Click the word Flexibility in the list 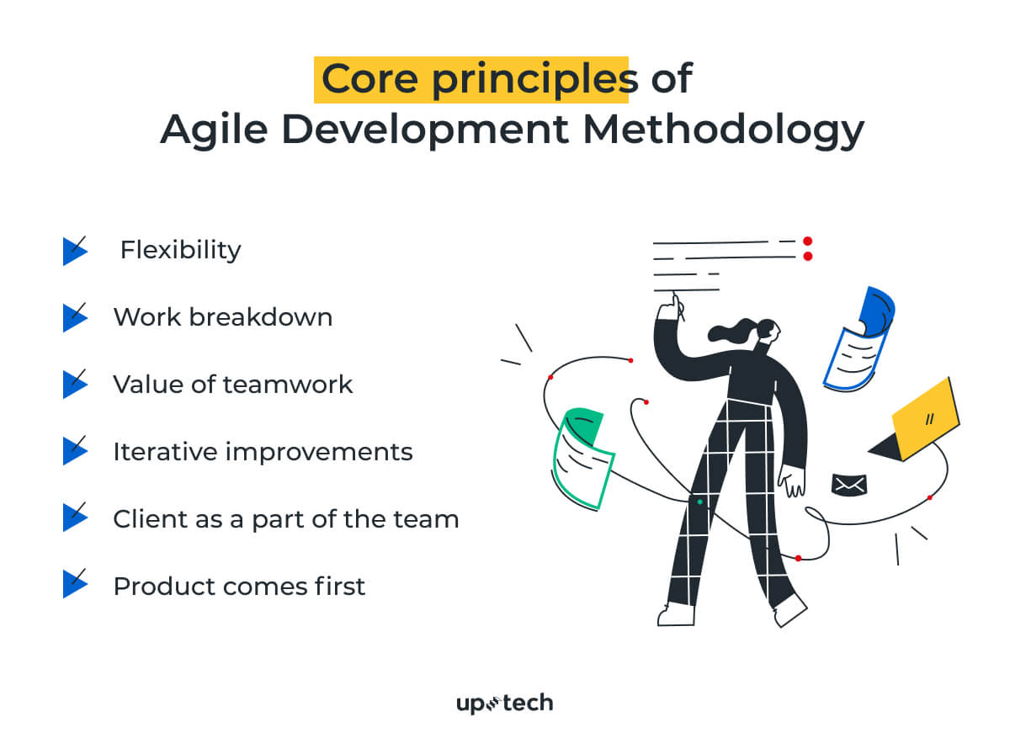click(180, 250)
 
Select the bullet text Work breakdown click(223, 317)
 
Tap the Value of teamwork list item click(233, 385)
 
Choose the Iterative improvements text click(263, 452)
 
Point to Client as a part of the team click(286, 519)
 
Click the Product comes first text click(239, 587)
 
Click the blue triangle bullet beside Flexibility click(74, 251)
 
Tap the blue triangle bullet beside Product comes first click(74, 584)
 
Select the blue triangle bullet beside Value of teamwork click(74, 384)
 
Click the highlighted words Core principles click(471, 79)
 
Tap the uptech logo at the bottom click(505, 703)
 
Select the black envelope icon click(848, 484)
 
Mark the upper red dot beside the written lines click(807, 241)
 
